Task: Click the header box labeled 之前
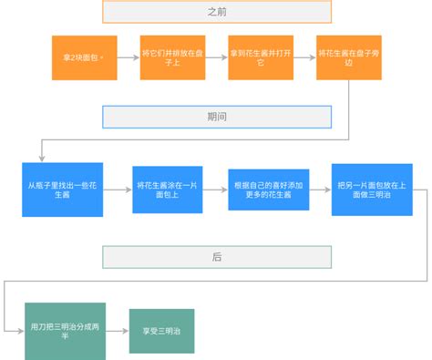[x=216, y=12]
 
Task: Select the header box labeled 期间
[x=216, y=117]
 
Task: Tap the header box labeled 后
[x=216, y=257]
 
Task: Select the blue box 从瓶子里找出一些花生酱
[x=62, y=189]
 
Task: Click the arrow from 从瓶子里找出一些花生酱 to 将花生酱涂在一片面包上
[x=117, y=189]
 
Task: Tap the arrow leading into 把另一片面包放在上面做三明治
[x=315, y=189]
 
